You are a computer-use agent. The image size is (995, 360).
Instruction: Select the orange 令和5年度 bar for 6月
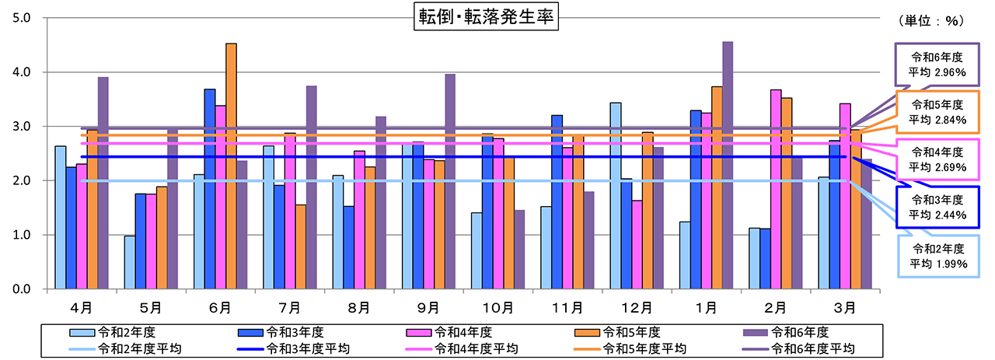pyautogui.click(x=231, y=166)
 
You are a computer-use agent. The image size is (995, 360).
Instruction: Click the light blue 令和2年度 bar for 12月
pyautogui.click(x=615, y=195)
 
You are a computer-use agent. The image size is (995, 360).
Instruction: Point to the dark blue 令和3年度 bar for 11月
pyautogui.click(x=557, y=201)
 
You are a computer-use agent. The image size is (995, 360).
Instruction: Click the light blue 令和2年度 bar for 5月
pyautogui.click(x=129, y=262)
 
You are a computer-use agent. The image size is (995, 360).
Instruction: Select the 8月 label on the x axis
pyautogui.click(x=358, y=308)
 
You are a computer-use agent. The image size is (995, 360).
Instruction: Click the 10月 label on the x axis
pyautogui.click(x=497, y=308)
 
